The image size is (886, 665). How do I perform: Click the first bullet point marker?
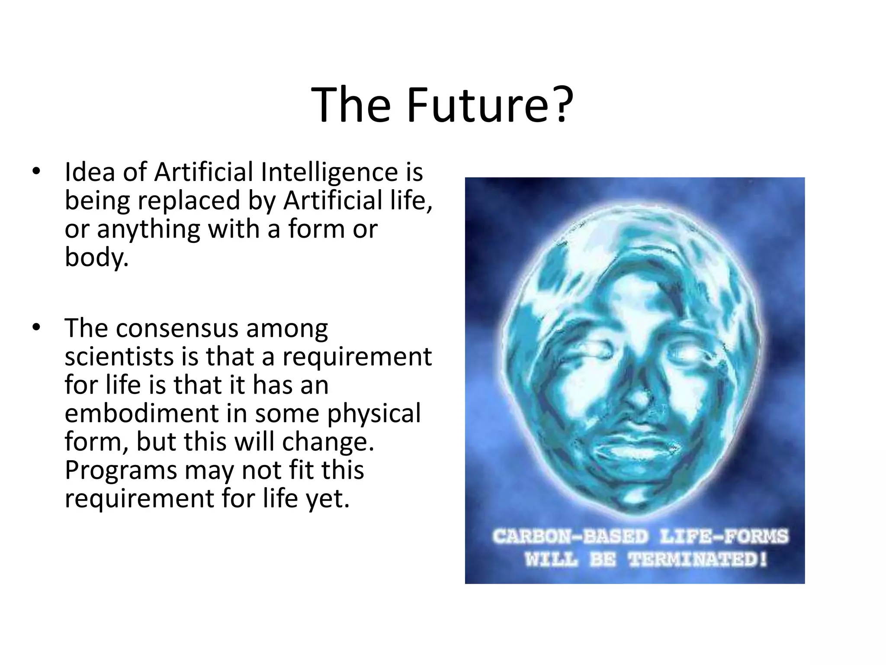tap(36, 171)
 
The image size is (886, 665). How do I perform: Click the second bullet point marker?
tap(36, 328)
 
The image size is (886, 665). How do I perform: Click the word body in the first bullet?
tap(96, 257)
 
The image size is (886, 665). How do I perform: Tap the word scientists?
tap(119, 357)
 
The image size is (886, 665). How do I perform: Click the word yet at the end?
tap(327, 499)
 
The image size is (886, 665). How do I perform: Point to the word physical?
tap(374, 413)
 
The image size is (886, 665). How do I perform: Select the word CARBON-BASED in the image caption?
tap(571, 536)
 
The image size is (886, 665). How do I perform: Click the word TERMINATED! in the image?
tap(697, 559)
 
